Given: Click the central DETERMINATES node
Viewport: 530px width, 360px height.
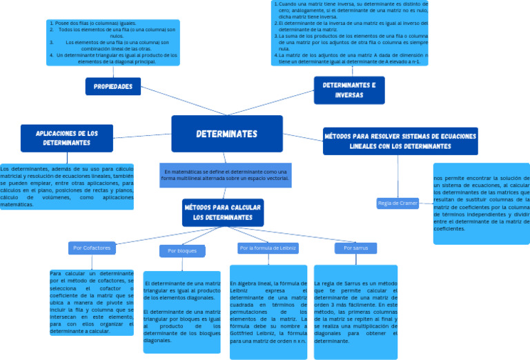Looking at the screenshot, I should coord(226,133).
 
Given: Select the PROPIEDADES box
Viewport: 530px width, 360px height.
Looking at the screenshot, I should coord(113,86).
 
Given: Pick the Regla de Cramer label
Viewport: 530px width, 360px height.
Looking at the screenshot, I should coord(397,203).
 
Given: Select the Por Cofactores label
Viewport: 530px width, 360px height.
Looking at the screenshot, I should coord(91,247).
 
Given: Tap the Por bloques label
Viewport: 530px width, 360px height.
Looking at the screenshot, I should coord(182,251).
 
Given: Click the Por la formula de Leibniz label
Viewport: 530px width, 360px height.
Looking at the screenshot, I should coord(268,247).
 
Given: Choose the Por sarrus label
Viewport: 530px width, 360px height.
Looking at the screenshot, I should coord(355,247).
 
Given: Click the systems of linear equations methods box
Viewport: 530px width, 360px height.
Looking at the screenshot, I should coord(400,141).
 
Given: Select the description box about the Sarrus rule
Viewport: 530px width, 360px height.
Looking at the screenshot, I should coord(355,312).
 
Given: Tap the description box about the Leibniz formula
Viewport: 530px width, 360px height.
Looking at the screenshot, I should coord(268,312).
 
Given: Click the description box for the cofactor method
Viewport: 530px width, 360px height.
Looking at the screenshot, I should coord(91,302).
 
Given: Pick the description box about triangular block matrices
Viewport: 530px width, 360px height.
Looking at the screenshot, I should coord(182,312).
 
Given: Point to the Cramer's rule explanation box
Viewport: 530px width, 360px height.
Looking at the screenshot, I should coord(481,203).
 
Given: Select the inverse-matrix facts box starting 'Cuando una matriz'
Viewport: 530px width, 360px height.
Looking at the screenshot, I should coord(350,32).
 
